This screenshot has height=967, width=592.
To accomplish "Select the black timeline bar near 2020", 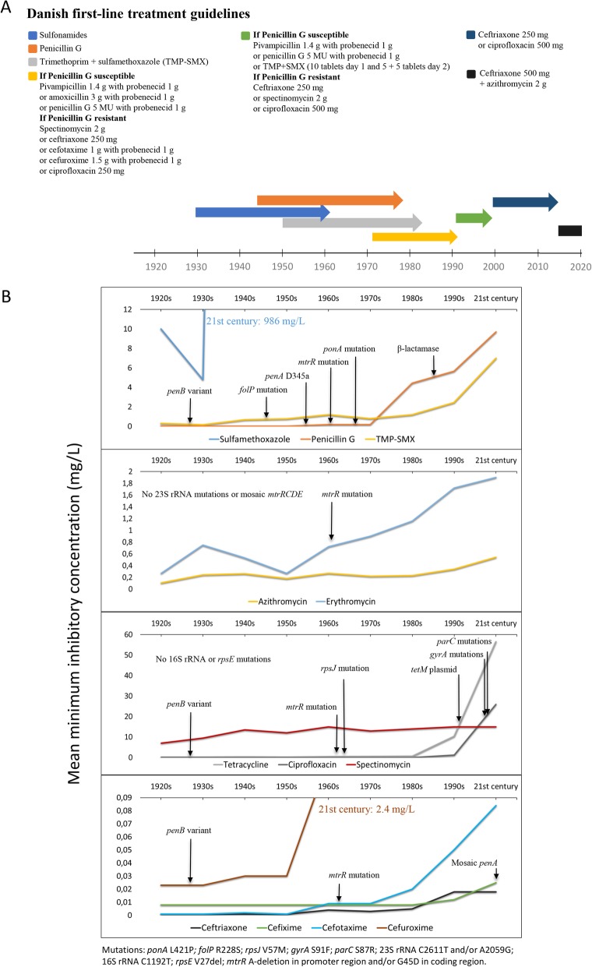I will pyautogui.click(x=570, y=230).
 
